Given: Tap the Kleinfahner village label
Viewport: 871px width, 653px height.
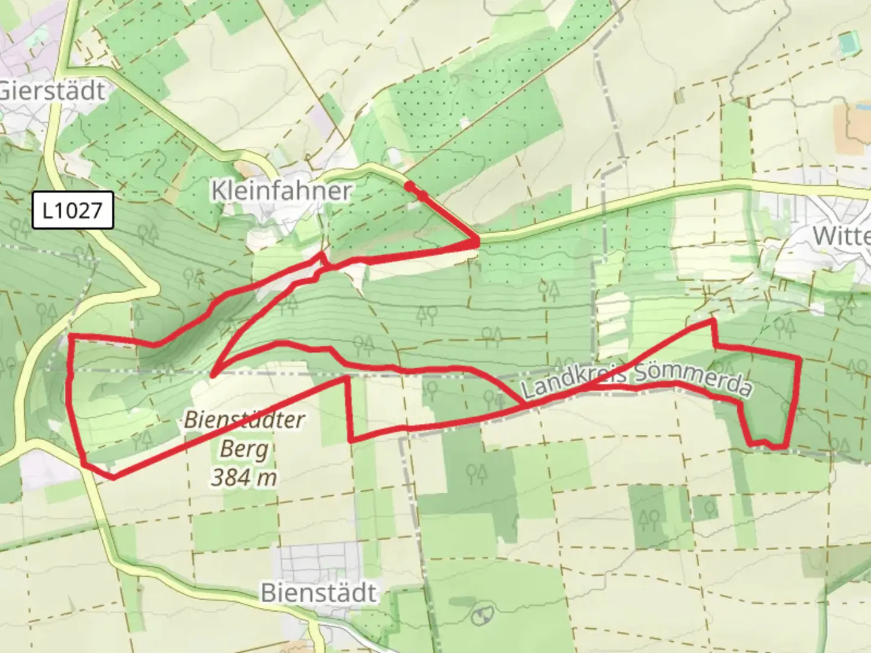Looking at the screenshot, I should pyautogui.click(x=281, y=191).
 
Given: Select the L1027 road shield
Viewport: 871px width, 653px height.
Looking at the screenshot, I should pyautogui.click(x=73, y=210).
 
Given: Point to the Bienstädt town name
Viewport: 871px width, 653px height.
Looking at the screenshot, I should pyautogui.click(x=319, y=593).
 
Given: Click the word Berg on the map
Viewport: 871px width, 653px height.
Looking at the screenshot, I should pyautogui.click(x=244, y=449).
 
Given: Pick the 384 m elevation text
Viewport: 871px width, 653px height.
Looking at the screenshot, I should pyautogui.click(x=244, y=478).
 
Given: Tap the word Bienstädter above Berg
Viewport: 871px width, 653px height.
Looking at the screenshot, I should pyautogui.click(x=244, y=420).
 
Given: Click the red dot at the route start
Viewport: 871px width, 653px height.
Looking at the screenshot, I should pyautogui.click(x=410, y=186).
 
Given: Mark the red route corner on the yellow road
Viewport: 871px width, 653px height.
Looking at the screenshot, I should pyautogui.click(x=477, y=242).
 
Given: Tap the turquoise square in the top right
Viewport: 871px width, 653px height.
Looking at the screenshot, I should pyautogui.click(x=849, y=42).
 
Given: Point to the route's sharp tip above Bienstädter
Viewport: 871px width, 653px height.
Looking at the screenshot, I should pyautogui.click(x=213, y=375).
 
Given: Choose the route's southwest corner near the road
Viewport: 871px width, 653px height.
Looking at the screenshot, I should pyautogui.click(x=113, y=478).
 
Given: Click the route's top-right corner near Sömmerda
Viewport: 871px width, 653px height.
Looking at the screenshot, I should pyautogui.click(x=800, y=359).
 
